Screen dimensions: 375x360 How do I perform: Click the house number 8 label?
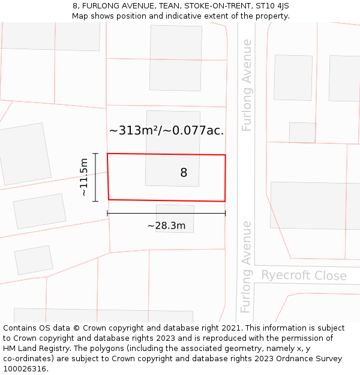(x=184, y=173)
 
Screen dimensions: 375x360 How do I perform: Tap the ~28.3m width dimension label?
(x=166, y=226)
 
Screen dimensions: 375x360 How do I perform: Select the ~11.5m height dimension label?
(x=84, y=177)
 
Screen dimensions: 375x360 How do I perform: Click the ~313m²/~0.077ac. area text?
(x=166, y=130)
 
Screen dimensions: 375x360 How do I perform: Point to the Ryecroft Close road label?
(x=304, y=275)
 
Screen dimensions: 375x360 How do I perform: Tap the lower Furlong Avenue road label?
(x=245, y=266)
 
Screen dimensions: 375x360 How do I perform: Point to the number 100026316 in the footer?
(x=24, y=369)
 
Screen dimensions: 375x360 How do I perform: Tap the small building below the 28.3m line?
(x=175, y=218)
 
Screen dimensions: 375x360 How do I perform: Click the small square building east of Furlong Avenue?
(x=302, y=132)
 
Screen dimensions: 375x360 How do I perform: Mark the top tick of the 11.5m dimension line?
(x=95, y=154)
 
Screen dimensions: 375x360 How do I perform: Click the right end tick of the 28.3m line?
(x=225, y=213)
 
